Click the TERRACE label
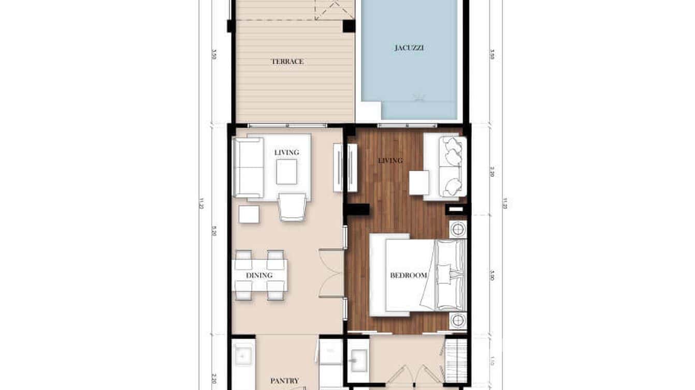coord(287,62)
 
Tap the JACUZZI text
coord(409,48)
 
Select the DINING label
coord(259,275)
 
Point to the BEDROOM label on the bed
coord(409,275)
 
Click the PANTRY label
coord(284,381)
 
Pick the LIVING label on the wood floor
coord(390,160)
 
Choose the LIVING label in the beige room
coord(286,152)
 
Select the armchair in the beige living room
coord(293,207)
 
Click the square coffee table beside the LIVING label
coord(286,172)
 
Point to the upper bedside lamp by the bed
coord(458,230)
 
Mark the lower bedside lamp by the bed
coord(458,321)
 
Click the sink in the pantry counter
coord(241,355)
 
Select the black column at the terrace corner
coord(349,26)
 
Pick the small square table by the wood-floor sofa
coord(418,183)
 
